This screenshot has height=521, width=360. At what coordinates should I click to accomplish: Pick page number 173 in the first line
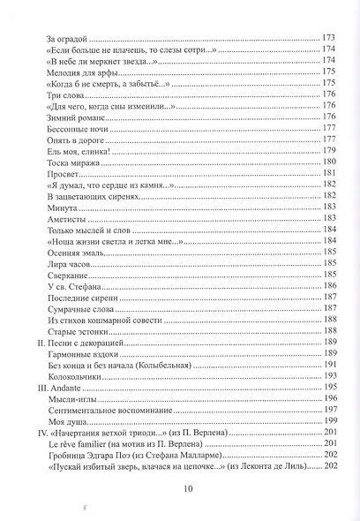tap(329, 39)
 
